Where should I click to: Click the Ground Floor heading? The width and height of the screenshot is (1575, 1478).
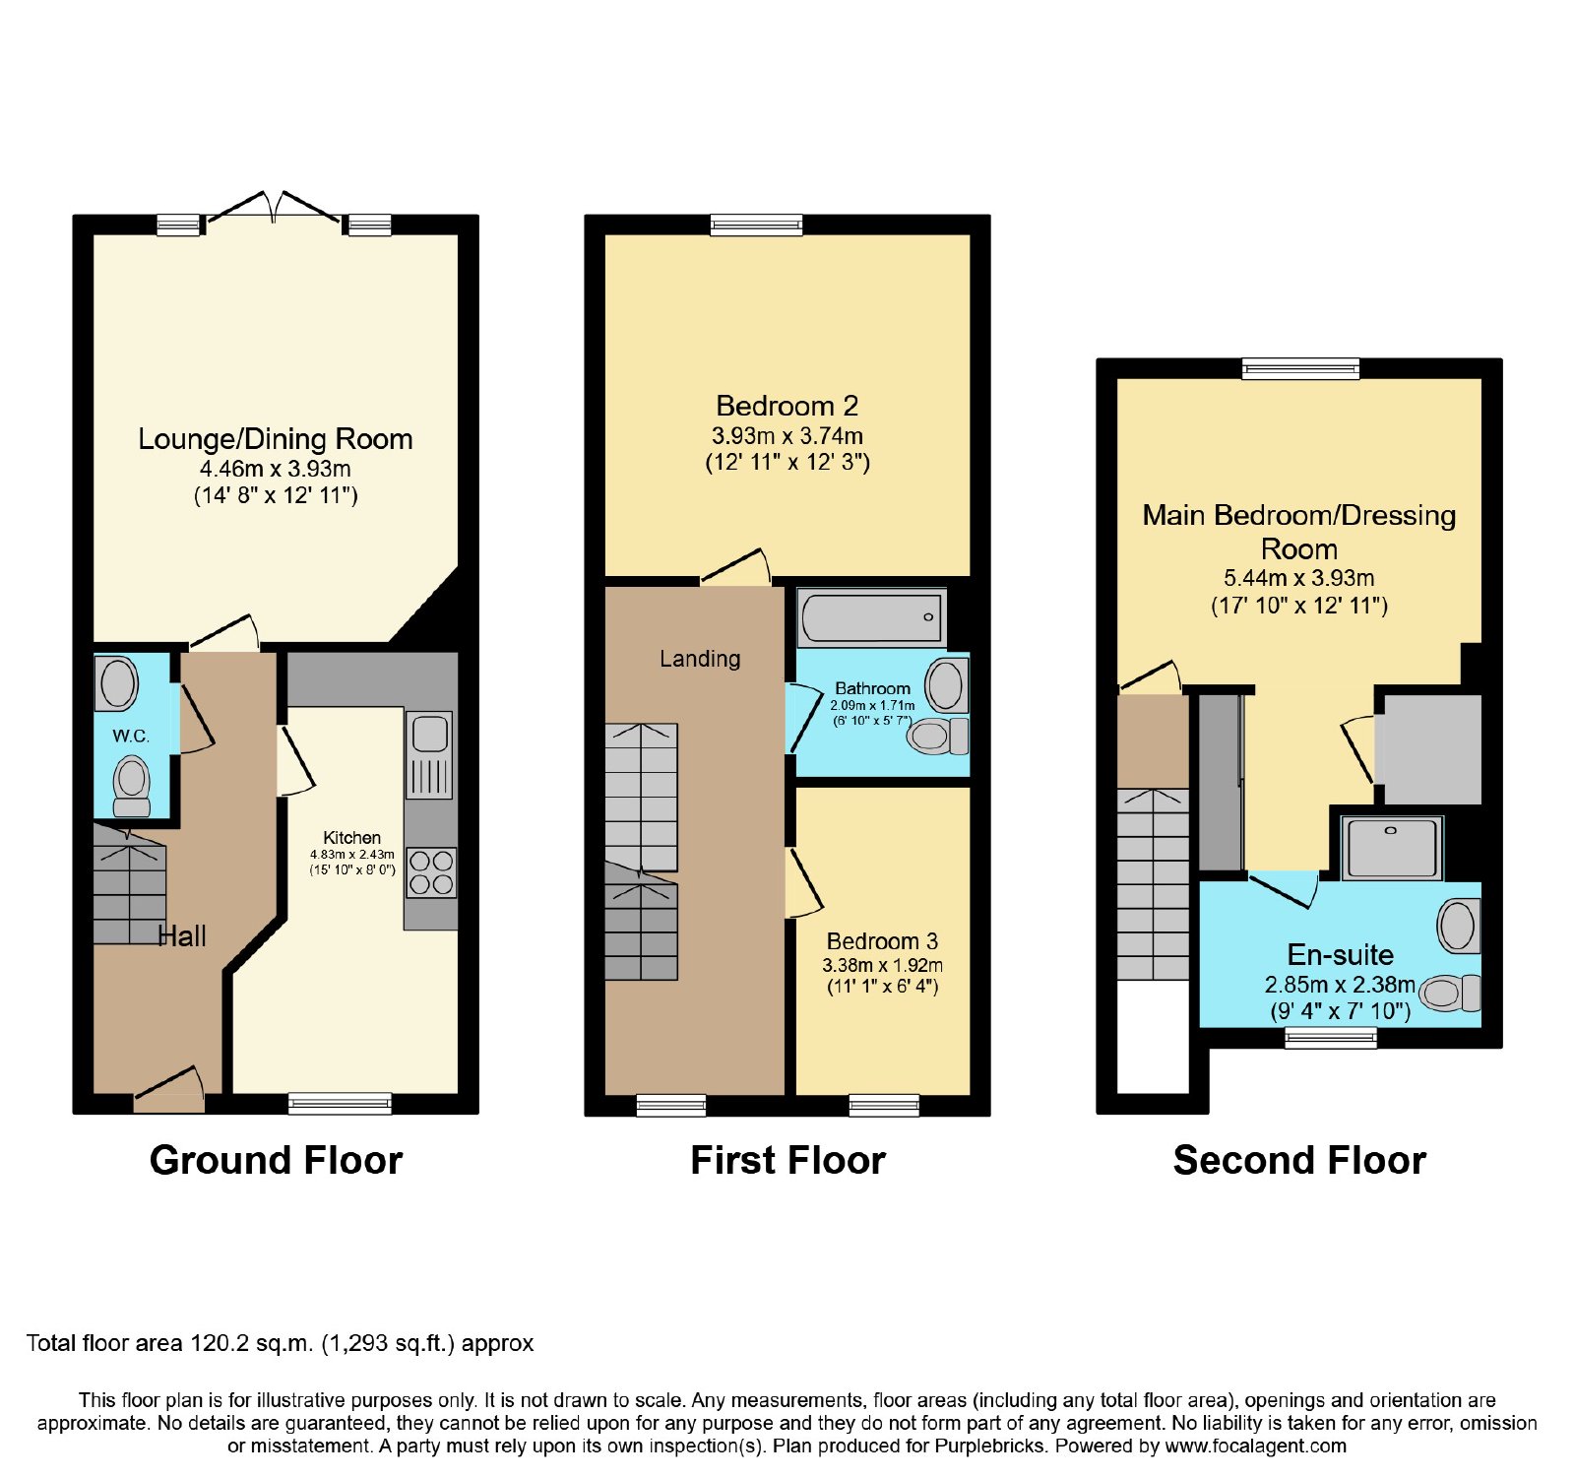coord(276,1161)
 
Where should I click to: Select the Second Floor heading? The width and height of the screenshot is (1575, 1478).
coord(1299,1161)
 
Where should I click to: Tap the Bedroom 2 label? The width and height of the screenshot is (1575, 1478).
coord(787,406)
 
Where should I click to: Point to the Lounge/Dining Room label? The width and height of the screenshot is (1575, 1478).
coord(276,439)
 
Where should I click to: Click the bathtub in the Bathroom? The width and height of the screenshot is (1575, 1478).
coord(872,617)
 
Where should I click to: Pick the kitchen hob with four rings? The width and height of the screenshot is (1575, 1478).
coord(431,872)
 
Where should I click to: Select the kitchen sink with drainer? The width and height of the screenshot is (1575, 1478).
coord(429,754)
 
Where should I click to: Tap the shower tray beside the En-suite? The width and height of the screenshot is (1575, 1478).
coord(1391,848)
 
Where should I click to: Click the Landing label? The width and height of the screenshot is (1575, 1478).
coord(700,659)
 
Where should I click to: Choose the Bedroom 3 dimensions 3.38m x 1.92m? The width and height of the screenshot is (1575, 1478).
coord(883,965)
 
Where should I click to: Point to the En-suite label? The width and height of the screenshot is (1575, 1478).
coord(1341,955)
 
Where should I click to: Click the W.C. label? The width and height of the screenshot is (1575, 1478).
coord(131,736)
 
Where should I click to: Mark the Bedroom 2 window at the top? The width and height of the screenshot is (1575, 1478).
coord(757,225)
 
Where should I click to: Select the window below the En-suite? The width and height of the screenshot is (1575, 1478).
coord(1331,1037)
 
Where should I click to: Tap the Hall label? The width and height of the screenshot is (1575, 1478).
coord(183,936)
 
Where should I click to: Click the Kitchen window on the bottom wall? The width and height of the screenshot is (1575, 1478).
coord(340,1104)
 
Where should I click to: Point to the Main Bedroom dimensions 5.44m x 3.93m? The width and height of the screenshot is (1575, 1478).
coord(1299,578)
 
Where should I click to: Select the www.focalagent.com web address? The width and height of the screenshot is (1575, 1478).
coord(1256,1446)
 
